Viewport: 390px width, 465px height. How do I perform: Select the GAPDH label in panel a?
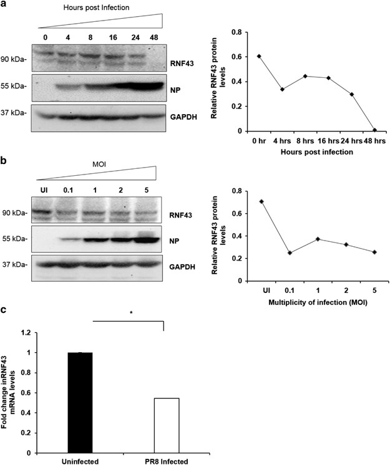185,115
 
